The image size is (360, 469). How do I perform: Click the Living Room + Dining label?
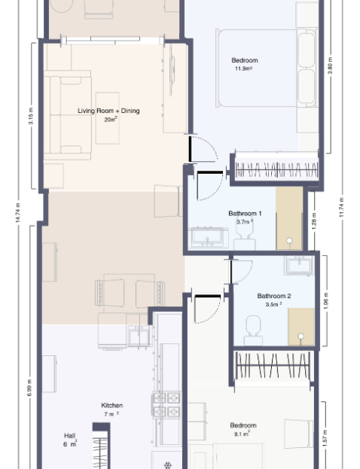tap(108, 111)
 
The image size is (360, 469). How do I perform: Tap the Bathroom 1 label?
tap(245, 214)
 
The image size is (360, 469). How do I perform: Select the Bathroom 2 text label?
tap(274, 296)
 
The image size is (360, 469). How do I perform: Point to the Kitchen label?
tap(112, 406)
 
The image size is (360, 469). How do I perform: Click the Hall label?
tap(69, 436)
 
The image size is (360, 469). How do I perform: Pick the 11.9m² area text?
tap(243, 69)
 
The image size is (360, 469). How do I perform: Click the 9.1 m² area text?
tap(242, 434)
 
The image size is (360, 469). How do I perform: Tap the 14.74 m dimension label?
tap(18, 212)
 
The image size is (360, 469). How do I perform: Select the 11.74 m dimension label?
tap(342, 207)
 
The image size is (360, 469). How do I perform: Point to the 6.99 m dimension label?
tap(29, 388)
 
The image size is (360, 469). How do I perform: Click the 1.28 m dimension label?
tap(314, 221)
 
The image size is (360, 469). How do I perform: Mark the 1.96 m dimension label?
tap(326, 301)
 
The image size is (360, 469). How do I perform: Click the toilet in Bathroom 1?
tap(245, 236)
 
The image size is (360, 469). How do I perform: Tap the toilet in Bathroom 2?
tap(253, 330)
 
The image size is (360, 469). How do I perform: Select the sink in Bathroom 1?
tap(208, 237)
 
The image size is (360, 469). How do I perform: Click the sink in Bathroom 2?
tap(299, 265)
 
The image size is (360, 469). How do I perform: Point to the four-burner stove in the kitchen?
tap(166, 405)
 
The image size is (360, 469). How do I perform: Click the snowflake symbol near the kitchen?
tap(168, 465)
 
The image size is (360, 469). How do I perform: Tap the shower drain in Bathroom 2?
tap(301, 337)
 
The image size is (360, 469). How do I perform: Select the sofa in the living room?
tap(68, 115)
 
